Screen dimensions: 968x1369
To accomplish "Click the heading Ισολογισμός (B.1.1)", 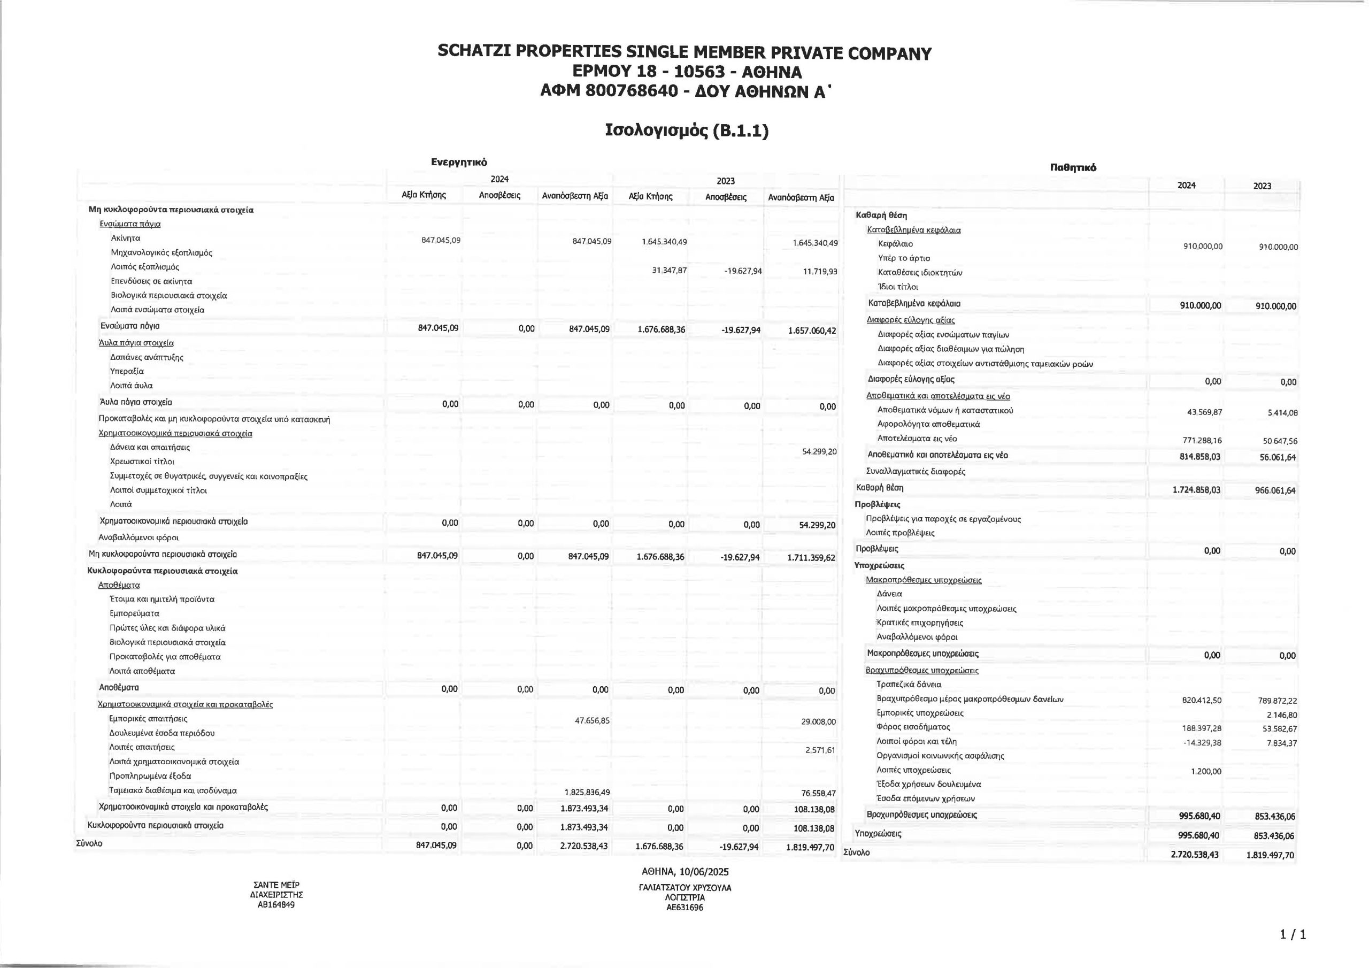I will (x=686, y=130).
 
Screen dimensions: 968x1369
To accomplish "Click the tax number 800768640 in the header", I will (x=633, y=91).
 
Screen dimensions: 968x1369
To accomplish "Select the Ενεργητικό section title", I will (x=459, y=162).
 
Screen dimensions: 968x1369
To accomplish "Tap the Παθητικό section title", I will (x=1073, y=167).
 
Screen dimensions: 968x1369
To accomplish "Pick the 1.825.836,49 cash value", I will (x=586, y=792).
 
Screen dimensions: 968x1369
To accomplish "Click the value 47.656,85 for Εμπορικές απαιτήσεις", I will (x=592, y=720).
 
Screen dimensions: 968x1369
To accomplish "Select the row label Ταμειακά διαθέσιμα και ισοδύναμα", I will (x=173, y=790).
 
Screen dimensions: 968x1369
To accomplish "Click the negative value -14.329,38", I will (x=1202, y=742).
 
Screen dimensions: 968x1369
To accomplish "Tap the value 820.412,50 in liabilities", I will (x=1202, y=700).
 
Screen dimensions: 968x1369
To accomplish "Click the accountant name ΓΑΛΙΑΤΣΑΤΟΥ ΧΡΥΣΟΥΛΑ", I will (x=684, y=887).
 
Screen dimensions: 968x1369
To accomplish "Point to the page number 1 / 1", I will (x=1293, y=935).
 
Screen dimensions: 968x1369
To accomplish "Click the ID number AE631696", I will (x=684, y=908).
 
